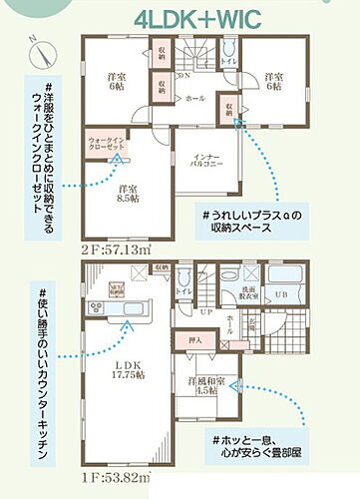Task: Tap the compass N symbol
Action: coord(37,45)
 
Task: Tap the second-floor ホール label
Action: coord(196,99)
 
